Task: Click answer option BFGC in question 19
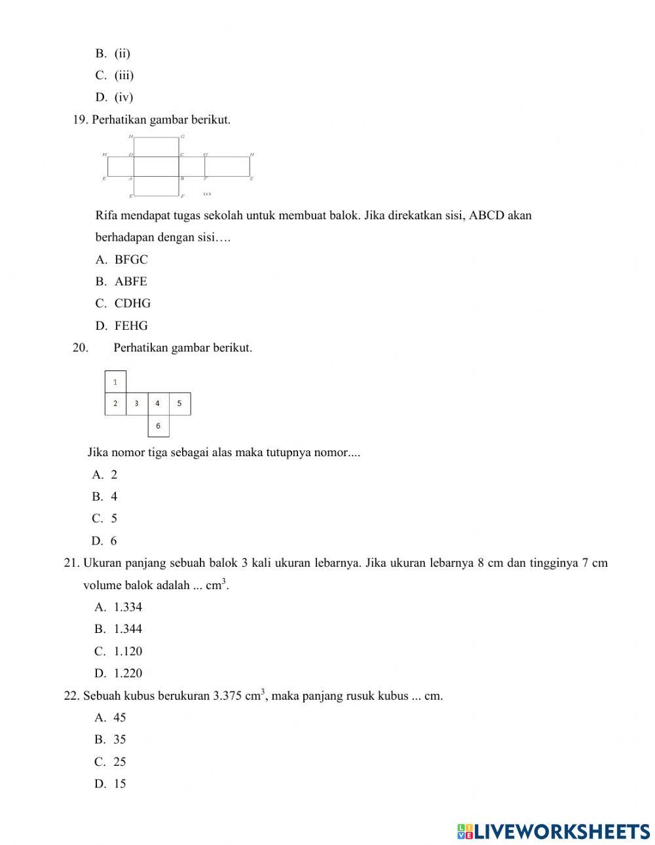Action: tap(130, 259)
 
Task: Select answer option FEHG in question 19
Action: tap(130, 325)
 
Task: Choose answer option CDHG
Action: tap(132, 303)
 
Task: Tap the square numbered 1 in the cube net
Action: tap(115, 382)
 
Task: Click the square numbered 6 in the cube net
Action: tap(158, 425)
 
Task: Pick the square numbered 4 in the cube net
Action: tap(158, 404)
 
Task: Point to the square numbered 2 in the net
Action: tap(115, 404)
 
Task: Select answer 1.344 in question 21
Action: tap(127, 629)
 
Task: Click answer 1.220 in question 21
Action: tap(127, 673)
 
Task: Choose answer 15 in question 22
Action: tap(119, 783)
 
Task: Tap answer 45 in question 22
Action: tap(119, 717)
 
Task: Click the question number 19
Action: tap(80, 120)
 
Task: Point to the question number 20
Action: tap(80, 348)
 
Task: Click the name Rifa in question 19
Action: tap(107, 215)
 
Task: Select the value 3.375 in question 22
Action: tap(228, 696)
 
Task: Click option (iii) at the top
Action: tap(124, 75)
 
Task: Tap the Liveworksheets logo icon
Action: tap(465, 831)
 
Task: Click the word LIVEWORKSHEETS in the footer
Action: tap(561, 831)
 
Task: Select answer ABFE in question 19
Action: tap(130, 281)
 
